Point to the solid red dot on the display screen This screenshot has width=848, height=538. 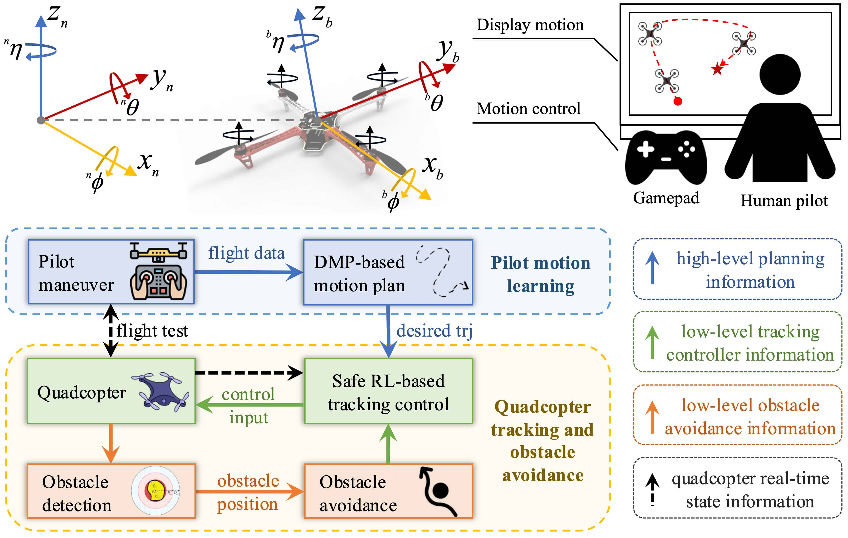point(678,102)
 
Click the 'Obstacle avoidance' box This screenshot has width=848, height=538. point(388,491)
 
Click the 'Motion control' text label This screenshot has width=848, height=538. point(528,109)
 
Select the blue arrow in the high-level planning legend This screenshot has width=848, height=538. point(652,268)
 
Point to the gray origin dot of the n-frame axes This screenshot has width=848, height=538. point(41,120)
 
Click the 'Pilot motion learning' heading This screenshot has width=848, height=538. point(541,275)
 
